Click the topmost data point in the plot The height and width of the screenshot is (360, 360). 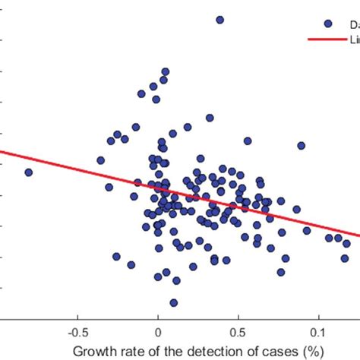point(219,20)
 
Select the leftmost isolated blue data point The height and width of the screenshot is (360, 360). point(28,172)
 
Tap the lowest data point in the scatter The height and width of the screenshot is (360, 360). point(174,302)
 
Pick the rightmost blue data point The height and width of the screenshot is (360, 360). point(347,244)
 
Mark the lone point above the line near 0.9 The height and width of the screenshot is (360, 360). point(301,145)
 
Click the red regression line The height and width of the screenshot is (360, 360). point(76,169)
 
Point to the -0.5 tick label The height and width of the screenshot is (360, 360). point(77,332)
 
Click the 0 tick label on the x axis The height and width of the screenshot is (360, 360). point(158,332)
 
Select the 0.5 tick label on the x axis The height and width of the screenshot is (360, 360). point(238,332)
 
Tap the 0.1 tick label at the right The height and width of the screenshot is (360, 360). point(319,332)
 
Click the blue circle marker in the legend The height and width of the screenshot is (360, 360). point(327,24)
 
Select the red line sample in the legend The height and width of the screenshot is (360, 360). point(327,39)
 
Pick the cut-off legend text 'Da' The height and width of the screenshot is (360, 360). point(352,24)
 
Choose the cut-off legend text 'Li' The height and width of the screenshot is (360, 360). point(354,39)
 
